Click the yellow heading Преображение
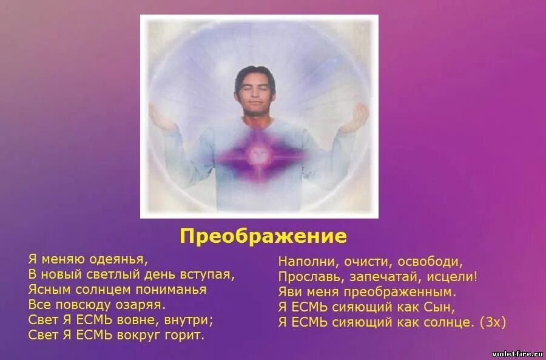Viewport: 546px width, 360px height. point(263,236)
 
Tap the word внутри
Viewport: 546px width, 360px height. point(187,319)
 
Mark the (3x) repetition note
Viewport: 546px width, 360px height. point(492,322)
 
